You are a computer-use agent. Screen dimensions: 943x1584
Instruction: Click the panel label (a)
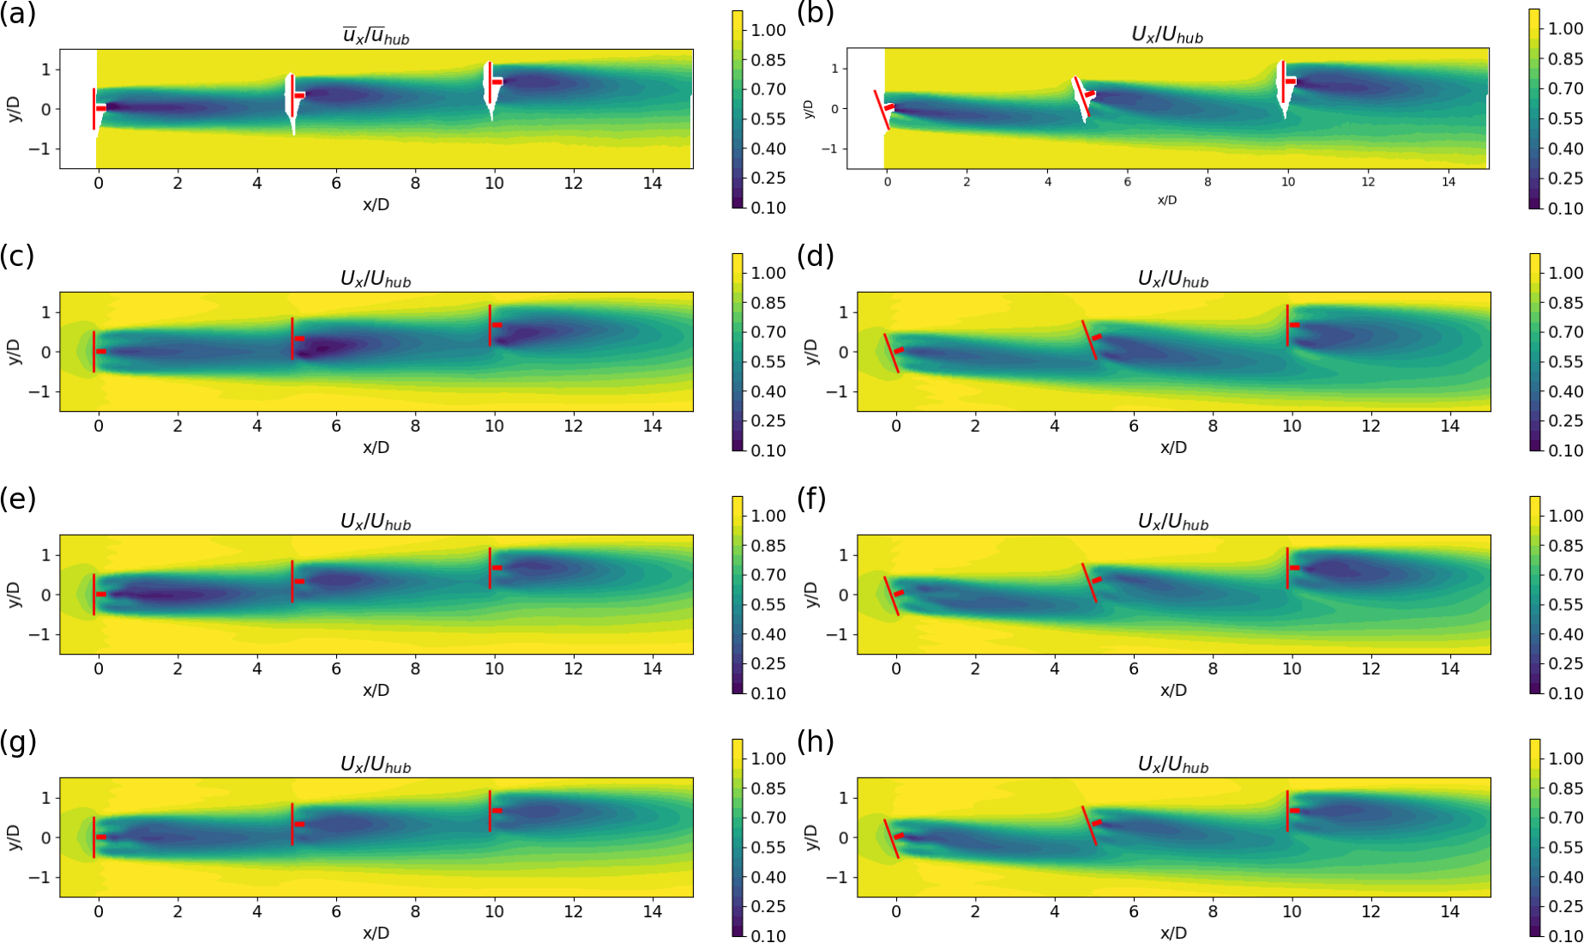click(x=17, y=14)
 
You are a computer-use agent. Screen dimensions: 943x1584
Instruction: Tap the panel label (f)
click(x=811, y=499)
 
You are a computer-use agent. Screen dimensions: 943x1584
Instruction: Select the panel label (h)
click(x=811, y=741)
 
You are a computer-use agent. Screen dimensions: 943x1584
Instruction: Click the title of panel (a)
click(x=376, y=36)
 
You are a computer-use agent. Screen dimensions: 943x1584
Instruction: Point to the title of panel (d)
click(x=1172, y=279)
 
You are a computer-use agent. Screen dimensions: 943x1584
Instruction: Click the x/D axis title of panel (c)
click(x=376, y=448)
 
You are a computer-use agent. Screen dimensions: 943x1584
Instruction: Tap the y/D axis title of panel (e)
click(x=14, y=595)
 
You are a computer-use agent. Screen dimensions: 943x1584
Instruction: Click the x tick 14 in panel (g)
click(x=652, y=911)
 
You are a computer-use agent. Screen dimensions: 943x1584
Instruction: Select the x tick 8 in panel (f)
click(x=1213, y=668)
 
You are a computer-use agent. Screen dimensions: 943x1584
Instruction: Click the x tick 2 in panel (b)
click(x=967, y=182)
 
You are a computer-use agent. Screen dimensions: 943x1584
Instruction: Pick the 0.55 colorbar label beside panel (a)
click(x=768, y=119)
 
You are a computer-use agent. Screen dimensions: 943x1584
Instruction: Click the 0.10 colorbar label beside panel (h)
click(x=1566, y=935)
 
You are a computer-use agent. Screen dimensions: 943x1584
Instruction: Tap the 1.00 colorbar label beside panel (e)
click(x=768, y=516)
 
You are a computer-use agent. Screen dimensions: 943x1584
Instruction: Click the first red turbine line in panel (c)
click(x=94, y=351)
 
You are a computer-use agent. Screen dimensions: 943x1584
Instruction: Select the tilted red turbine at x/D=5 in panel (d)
click(x=1089, y=340)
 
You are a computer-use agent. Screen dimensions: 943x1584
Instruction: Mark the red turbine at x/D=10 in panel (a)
click(x=489, y=82)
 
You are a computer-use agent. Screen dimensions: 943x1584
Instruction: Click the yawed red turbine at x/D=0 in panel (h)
click(x=892, y=838)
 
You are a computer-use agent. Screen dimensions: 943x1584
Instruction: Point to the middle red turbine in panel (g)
click(x=292, y=824)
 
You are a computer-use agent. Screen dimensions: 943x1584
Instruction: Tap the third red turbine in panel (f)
click(x=1287, y=568)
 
